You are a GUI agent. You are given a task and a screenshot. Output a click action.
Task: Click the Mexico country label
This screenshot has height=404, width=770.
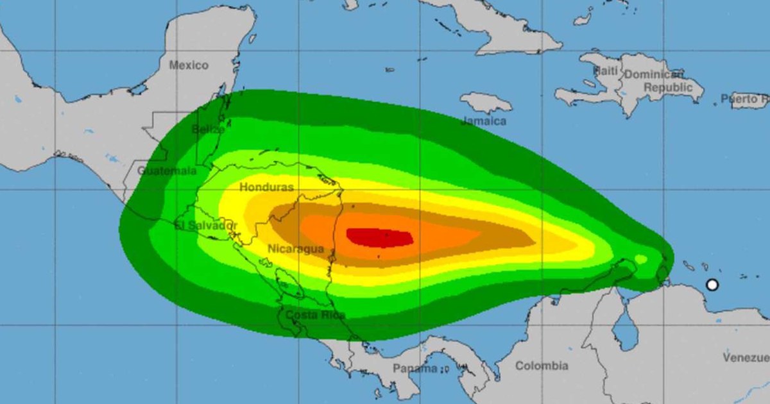(x=189, y=65)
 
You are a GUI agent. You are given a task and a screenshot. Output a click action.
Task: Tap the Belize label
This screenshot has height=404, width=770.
(x=208, y=129)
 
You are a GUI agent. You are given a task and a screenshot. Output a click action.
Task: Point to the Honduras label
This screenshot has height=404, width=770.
(x=266, y=187)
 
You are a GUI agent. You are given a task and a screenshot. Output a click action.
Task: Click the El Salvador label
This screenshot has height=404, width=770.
(x=206, y=226)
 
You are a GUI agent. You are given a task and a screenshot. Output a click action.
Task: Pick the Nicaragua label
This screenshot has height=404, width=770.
(x=296, y=249)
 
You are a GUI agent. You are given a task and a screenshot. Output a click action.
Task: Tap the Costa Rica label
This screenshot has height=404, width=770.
(x=315, y=315)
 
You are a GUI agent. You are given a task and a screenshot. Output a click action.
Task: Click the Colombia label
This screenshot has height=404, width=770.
(x=542, y=366)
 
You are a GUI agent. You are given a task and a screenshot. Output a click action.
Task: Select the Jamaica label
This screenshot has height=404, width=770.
(x=484, y=121)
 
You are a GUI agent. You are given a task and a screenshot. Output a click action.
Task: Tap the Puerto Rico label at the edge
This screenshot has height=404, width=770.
(x=744, y=99)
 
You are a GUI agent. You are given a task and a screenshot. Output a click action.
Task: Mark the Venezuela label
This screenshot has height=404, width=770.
(x=746, y=357)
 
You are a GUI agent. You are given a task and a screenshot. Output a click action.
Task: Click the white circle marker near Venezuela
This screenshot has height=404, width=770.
(x=712, y=285)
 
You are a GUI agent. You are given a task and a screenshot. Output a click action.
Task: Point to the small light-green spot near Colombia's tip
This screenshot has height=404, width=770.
(x=640, y=259)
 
